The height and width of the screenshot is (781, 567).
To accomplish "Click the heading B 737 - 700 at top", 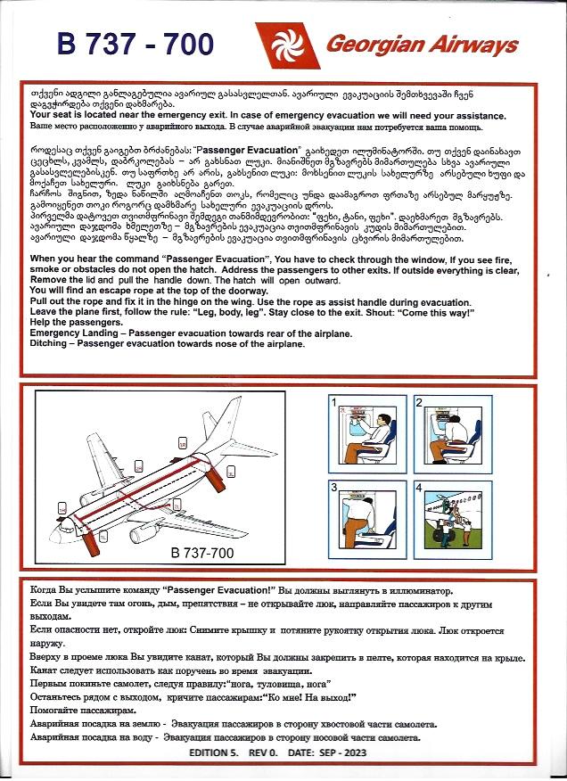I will (136, 45).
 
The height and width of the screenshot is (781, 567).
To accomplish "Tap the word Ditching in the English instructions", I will (52, 342).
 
